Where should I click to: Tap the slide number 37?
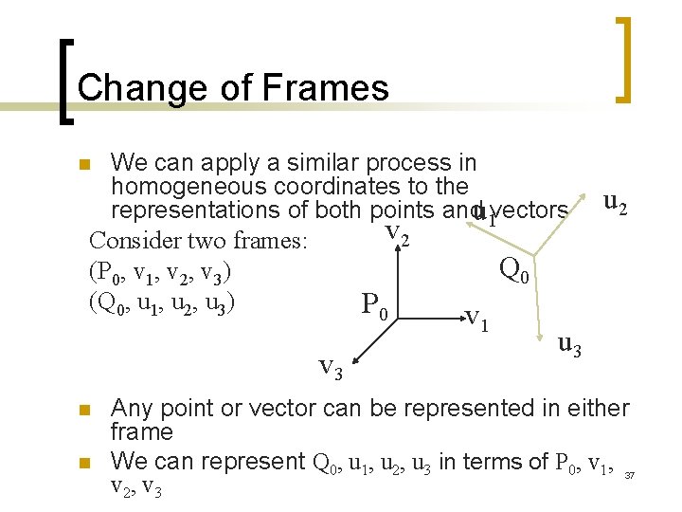point(631,474)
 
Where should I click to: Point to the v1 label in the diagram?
point(476,319)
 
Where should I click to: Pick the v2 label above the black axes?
point(396,232)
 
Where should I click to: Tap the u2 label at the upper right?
point(614,202)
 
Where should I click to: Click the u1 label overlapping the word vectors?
point(484,214)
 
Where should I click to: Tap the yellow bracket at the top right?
point(623,59)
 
